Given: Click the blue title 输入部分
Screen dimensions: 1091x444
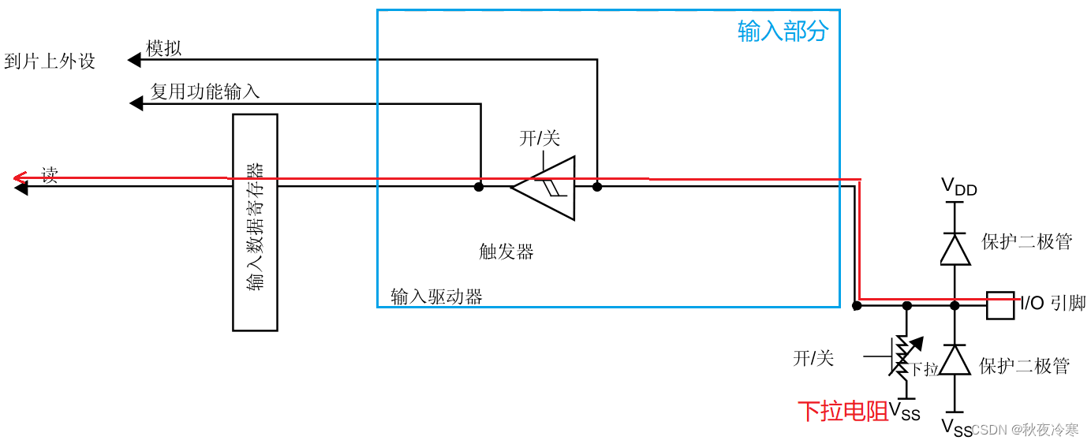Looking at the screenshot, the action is click(x=783, y=32).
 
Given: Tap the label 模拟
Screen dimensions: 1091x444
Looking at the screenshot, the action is click(x=164, y=49).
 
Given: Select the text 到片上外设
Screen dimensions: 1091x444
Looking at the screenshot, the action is click(x=50, y=62).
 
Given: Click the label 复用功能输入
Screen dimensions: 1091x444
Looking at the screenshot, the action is click(x=205, y=92).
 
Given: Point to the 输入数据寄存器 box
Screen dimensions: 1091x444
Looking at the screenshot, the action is click(x=255, y=222).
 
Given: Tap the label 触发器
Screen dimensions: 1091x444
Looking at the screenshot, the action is click(x=506, y=252).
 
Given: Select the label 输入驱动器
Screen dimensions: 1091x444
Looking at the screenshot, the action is click(x=436, y=297).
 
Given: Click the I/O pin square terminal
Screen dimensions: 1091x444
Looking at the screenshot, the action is click(x=999, y=305).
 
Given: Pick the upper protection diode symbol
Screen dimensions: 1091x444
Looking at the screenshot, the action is click(x=955, y=249).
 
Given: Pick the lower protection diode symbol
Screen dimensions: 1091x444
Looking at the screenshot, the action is click(x=955, y=360).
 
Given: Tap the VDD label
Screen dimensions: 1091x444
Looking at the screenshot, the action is click(x=958, y=188).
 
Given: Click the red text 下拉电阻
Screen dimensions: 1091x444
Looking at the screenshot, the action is click(x=843, y=411).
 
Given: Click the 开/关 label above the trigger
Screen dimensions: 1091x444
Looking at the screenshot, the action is click(x=540, y=139).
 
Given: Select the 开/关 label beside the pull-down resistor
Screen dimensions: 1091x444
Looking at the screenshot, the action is click(x=813, y=358).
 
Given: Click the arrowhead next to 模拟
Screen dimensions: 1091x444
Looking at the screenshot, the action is click(x=134, y=60).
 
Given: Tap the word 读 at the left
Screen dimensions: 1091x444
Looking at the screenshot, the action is click(x=50, y=175).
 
